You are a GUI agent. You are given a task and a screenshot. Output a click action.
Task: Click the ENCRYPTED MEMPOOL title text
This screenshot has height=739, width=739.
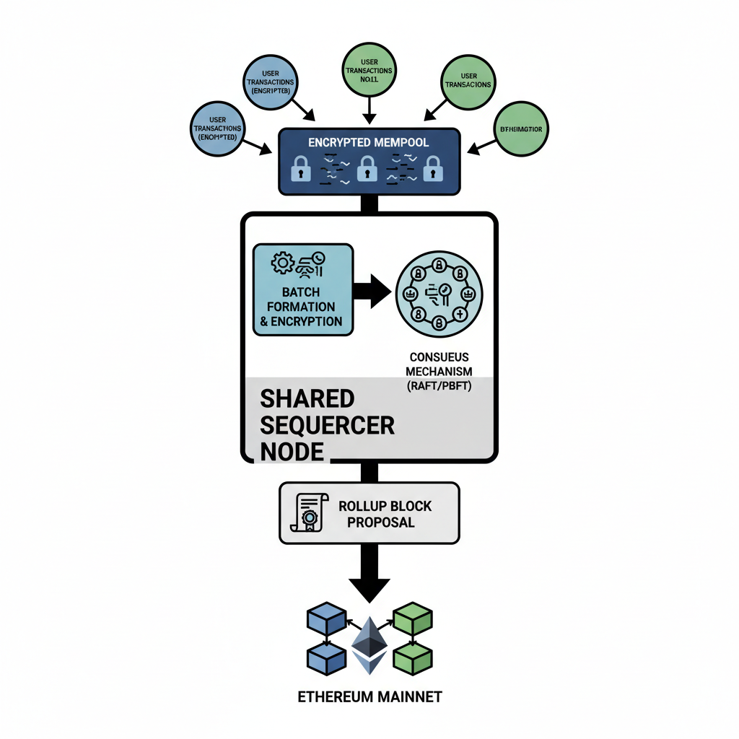369,142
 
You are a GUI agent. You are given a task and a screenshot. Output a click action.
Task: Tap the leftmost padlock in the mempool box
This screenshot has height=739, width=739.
300,170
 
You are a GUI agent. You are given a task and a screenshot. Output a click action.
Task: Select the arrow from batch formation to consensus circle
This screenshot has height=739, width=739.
372,290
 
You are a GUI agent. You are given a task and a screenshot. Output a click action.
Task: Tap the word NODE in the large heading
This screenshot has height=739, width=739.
292,451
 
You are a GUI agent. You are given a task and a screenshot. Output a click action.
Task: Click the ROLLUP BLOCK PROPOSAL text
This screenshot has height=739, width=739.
385,514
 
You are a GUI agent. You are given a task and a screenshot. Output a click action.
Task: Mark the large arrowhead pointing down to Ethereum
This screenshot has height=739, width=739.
369,587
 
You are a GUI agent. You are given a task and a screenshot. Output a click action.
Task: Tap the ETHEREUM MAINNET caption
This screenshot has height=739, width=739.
369,697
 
